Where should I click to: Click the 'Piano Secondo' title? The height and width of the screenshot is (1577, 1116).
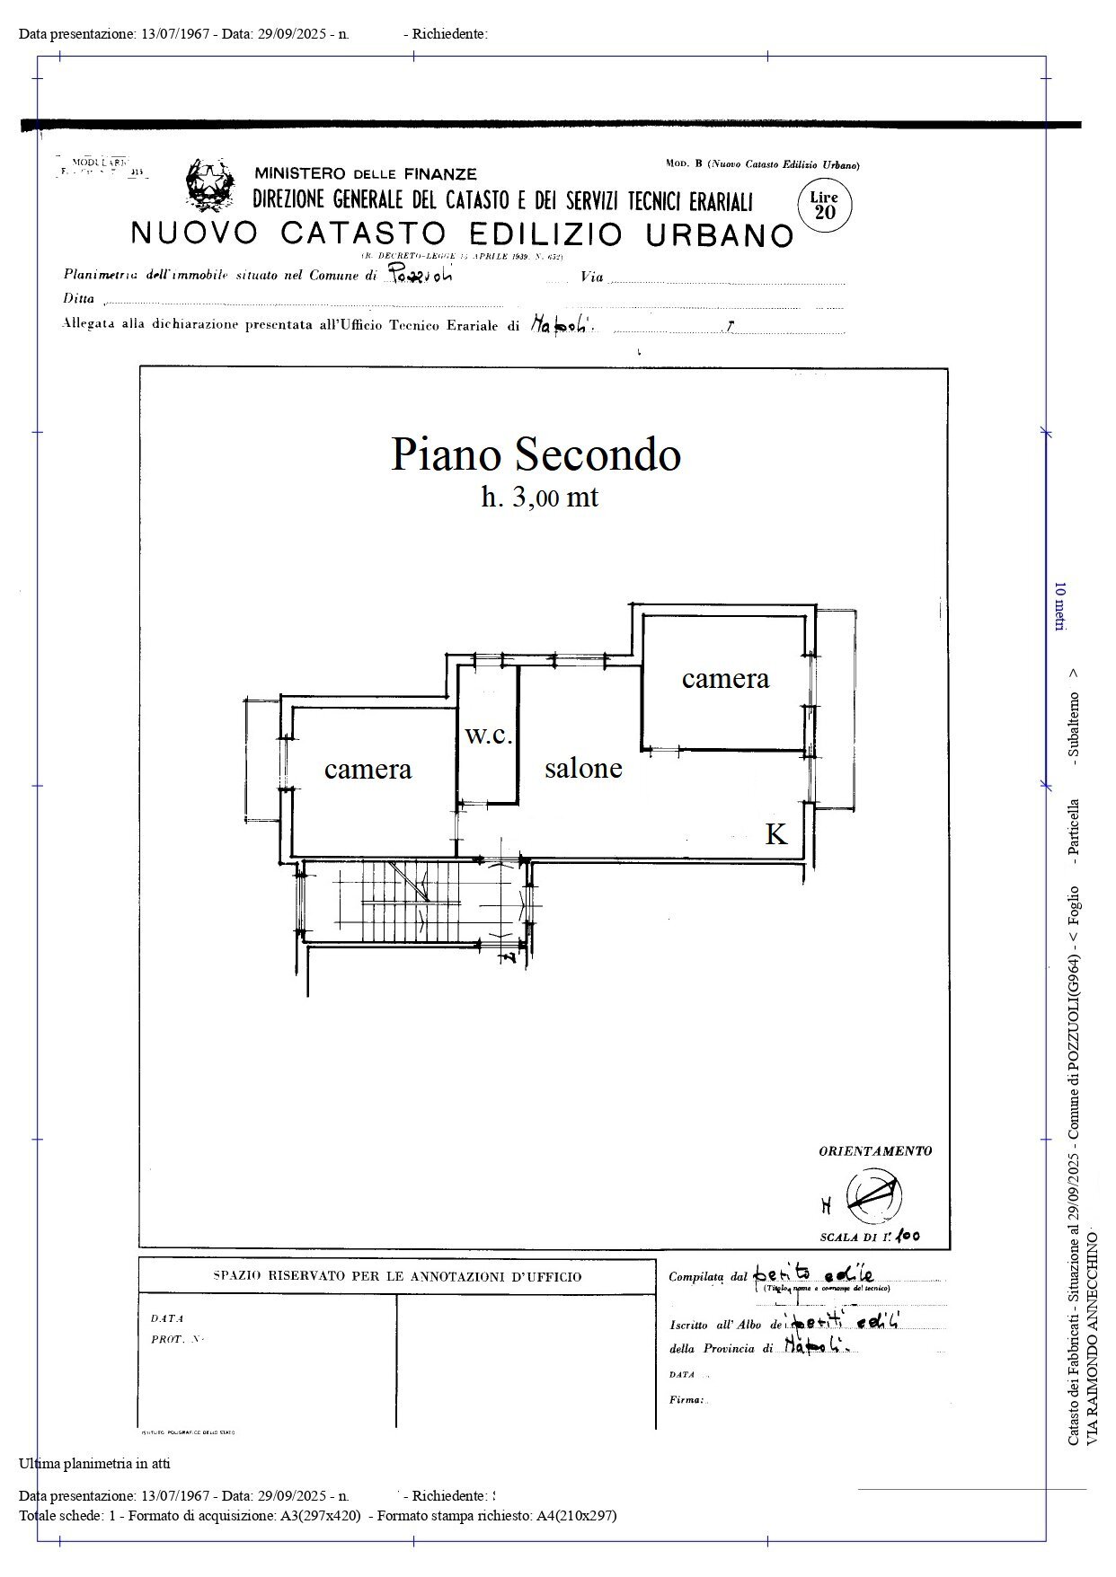536,454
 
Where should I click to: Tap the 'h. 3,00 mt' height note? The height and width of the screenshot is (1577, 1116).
539,497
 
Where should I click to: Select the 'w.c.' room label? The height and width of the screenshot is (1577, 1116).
489,736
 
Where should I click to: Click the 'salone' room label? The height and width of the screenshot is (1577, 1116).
583,769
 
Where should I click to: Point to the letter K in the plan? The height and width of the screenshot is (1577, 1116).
775,834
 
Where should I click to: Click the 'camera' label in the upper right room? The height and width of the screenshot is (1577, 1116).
725,679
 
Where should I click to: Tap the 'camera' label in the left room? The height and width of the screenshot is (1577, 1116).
368,770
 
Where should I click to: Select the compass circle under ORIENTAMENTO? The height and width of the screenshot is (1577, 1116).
874,1196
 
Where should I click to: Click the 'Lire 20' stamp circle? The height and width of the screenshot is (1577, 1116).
824,206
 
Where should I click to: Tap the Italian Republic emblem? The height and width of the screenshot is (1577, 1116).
208,184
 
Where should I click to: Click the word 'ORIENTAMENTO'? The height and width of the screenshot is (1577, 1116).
874,1150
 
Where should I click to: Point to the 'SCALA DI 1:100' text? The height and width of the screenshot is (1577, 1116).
869,1237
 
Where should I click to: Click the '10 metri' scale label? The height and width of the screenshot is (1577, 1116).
1060,607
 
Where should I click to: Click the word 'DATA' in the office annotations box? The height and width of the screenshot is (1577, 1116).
167,1318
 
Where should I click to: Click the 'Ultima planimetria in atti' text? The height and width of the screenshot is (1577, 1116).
94,1463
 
